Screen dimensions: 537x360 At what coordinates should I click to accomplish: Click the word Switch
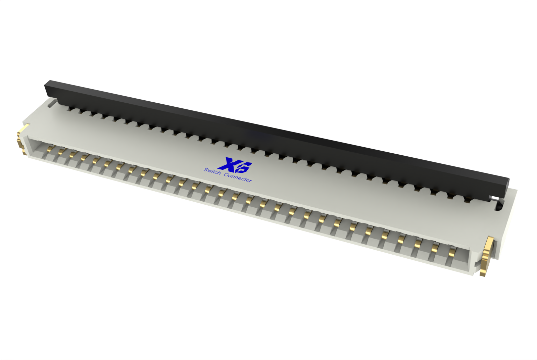tap(212, 171)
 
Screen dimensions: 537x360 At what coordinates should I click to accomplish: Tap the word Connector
tap(238, 177)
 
